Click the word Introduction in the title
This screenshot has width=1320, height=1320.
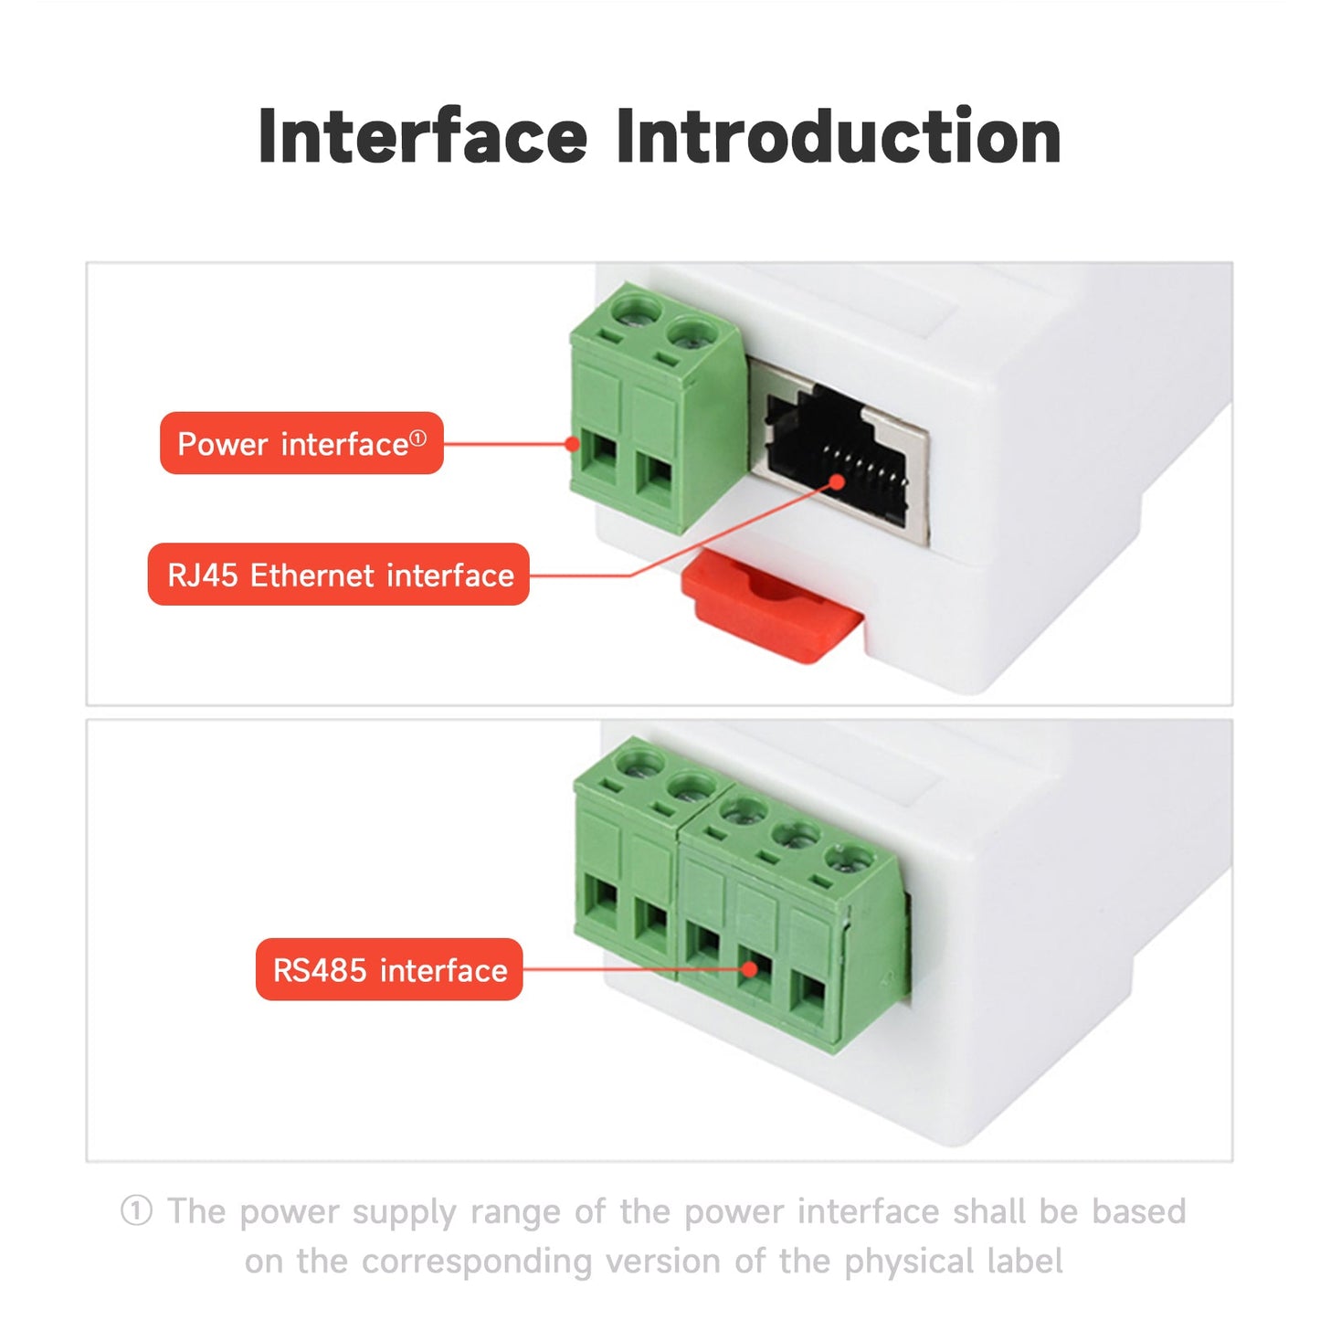pos(838,137)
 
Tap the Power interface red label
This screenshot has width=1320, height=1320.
pos(301,444)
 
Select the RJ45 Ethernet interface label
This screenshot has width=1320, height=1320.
pos(339,576)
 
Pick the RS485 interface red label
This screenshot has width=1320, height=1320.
pos(389,970)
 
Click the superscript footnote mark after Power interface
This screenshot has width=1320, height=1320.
pos(417,438)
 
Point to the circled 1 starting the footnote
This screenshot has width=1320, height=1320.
pos(136,1212)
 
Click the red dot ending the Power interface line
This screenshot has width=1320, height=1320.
pos(572,444)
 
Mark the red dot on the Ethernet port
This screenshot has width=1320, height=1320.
pos(838,481)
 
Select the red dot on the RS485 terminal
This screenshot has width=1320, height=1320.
pos(749,969)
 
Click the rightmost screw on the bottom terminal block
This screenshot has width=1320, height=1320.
pos(850,861)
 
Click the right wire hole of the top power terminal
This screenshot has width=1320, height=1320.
pos(655,478)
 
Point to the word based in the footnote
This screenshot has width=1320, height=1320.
pos(1139,1212)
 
